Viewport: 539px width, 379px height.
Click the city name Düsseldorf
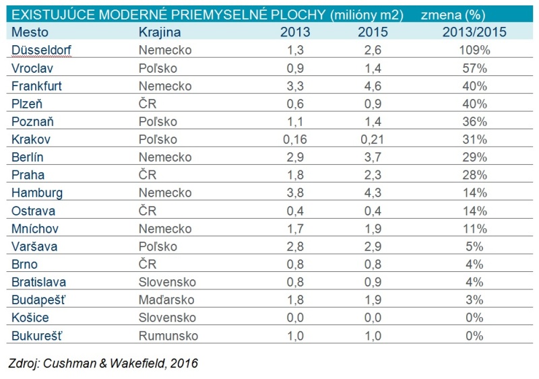point(42,50)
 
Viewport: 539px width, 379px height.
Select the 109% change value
point(474,50)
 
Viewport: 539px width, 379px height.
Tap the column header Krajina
point(159,32)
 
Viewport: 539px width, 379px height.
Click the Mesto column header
point(28,32)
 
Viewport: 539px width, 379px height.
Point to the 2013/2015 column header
point(474,32)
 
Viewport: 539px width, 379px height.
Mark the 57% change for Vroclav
point(474,68)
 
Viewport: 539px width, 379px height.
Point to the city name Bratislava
point(39,282)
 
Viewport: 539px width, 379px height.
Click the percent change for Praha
point(474,175)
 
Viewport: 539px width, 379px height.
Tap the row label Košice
point(30,318)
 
